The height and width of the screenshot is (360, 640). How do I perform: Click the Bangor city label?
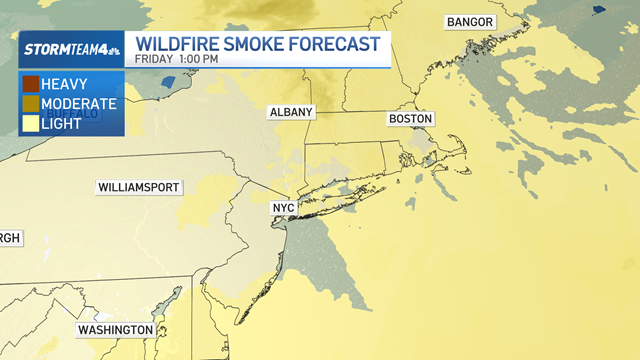pos(470,22)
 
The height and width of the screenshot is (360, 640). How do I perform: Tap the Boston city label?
pos(410,119)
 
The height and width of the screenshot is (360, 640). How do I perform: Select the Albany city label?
pos(291,112)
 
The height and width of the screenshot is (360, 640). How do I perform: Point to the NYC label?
pos(285,208)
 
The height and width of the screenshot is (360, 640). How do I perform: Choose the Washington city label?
pos(115,330)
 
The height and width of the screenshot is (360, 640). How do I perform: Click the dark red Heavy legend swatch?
pos(30,84)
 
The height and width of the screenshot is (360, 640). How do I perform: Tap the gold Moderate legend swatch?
pos(30,103)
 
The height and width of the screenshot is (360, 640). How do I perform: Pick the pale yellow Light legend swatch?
pos(30,122)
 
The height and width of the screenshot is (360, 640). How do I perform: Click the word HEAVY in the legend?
pos(65,84)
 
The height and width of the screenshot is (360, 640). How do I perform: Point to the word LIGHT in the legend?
pos(61,122)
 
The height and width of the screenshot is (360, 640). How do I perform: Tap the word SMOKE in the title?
pos(263,45)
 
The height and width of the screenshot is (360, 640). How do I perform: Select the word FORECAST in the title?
pos(342,45)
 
